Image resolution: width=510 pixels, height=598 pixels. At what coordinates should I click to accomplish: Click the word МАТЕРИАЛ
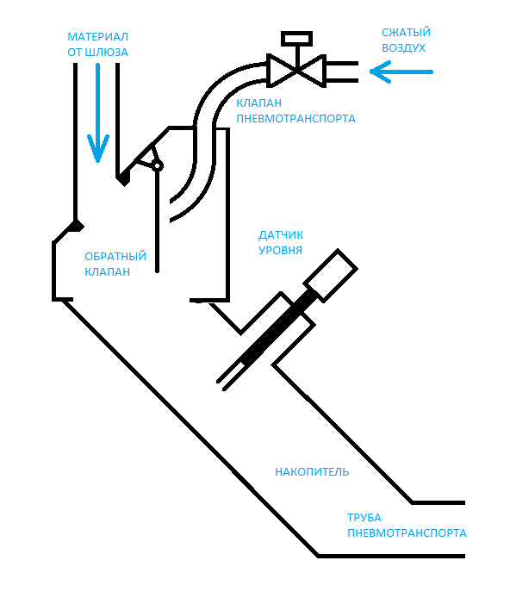[x=97, y=37]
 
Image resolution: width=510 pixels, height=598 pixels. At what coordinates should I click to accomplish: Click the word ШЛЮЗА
[x=106, y=53]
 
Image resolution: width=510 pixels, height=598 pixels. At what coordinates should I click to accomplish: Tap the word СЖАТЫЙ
[x=406, y=33]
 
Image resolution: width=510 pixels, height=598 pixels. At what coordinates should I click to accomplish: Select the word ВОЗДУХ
[x=403, y=48]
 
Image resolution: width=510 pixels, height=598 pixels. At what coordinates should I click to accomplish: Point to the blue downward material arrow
[x=98, y=113]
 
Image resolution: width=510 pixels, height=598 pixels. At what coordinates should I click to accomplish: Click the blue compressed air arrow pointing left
[x=401, y=72]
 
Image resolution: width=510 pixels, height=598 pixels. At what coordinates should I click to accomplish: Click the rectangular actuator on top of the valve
[x=296, y=39]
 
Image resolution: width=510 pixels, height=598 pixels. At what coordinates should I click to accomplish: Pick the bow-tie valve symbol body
[x=296, y=71]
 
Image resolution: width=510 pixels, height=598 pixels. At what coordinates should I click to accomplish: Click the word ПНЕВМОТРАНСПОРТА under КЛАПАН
[x=295, y=119]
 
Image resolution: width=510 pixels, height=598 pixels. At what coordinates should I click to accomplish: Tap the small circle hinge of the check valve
[x=157, y=166]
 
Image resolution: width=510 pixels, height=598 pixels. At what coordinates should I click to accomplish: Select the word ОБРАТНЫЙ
[x=115, y=256]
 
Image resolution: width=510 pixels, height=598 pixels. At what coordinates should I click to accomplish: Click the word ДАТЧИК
[x=281, y=235]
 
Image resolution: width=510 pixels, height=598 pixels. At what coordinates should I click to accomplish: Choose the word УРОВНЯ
[x=280, y=251]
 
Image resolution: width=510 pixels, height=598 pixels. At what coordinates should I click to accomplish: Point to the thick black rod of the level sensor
[x=279, y=327]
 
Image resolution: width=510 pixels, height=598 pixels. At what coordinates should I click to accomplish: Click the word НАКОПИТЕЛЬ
[x=312, y=472]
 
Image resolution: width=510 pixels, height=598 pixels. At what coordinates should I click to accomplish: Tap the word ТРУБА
[x=364, y=518]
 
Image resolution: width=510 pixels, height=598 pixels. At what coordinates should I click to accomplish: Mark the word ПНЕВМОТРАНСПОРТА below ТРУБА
[x=407, y=533]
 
